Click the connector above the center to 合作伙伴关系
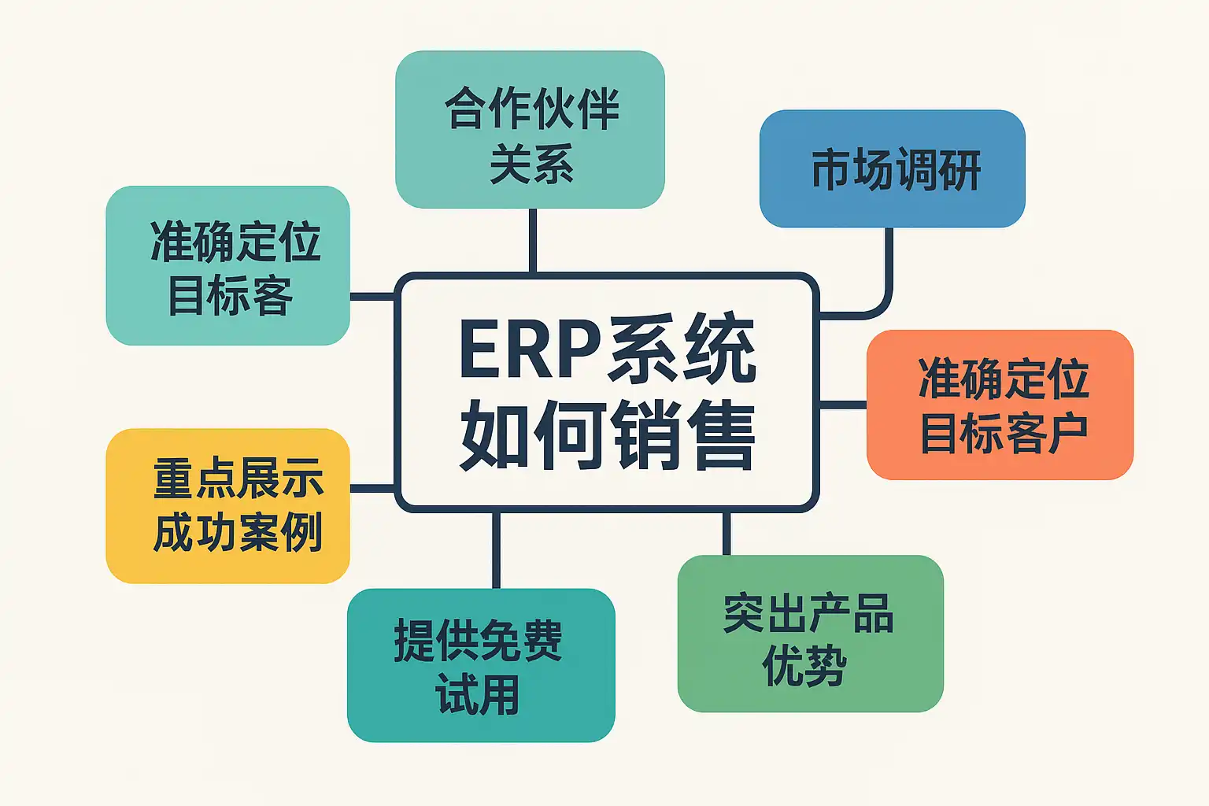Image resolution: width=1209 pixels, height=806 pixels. pos(533,240)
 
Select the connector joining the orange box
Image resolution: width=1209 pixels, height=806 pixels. pos(843,405)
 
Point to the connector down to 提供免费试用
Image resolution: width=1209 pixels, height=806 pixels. pos(496,549)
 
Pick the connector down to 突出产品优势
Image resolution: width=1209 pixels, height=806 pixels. pos(727,534)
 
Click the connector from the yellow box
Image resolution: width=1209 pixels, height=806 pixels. pos(372,488)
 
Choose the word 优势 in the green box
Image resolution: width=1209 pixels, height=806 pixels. pos(804,667)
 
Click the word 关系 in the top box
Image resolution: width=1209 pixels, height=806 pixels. pos(531,165)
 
